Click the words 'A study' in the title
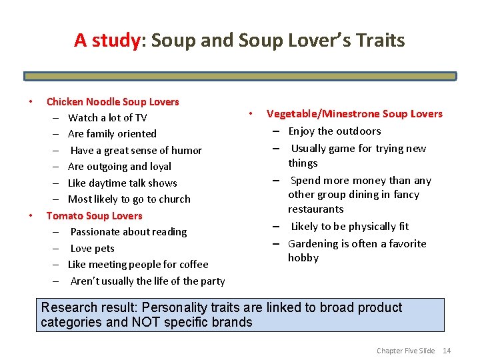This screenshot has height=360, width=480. click(x=107, y=41)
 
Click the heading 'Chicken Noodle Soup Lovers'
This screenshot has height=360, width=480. click(x=113, y=102)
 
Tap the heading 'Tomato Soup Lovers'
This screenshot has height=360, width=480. click(x=94, y=215)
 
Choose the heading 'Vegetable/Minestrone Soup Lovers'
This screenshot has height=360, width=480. click(x=354, y=114)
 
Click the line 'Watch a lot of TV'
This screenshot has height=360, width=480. click(x=107, y=118)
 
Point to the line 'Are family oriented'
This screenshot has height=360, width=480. click(x=112, y=134)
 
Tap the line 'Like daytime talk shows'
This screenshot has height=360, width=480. click(x=123, y=183)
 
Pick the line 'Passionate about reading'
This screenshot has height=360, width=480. click(x=129, y=232)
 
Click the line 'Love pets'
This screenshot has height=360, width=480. click(x=93, y=249)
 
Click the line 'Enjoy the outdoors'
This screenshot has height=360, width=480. click(x=335, y=131)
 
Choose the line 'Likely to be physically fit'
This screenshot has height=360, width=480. click(x=350, y=227)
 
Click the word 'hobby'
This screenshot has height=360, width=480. click(x=303, y=258)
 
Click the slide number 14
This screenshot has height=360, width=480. click(x=447, y=351)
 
